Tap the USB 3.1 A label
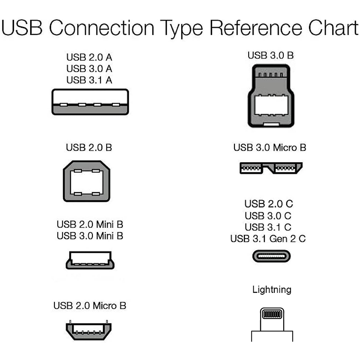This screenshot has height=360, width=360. click(89, 80)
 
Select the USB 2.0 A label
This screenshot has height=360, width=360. click(89, 57)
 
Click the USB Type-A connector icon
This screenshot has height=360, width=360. click(90, 102)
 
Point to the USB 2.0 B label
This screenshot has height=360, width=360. click(89, 147)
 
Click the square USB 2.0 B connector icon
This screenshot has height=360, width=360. click(87, 181)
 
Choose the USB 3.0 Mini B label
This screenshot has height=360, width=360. click(90, 236)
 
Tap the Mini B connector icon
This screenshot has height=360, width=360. click(90, 260)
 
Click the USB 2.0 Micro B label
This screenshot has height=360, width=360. click(90, 305)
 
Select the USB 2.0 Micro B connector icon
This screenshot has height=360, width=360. click(88, 330)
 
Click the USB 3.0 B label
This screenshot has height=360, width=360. click(270, 55)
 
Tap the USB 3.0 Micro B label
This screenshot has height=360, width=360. click(270, 147)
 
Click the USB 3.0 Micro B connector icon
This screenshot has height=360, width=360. click(271, 168)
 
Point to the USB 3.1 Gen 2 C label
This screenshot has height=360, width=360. click(268, 239)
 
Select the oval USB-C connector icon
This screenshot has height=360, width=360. click(271, 256)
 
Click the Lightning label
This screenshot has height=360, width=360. click(272, 289)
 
